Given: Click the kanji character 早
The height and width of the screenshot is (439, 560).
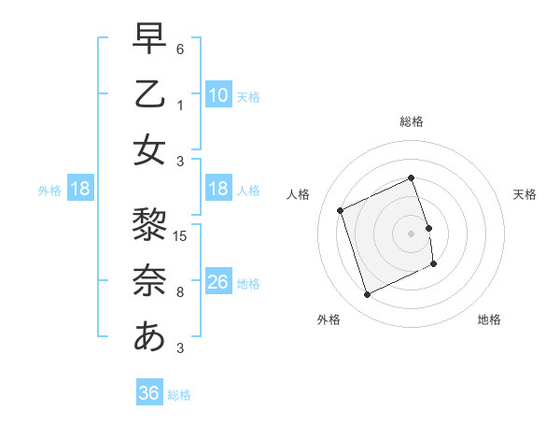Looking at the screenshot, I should click(x=149, y=38).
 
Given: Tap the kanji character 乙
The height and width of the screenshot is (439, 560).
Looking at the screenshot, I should click(x=149, y=94).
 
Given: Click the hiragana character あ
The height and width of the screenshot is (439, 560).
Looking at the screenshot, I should click(x=149, y=336).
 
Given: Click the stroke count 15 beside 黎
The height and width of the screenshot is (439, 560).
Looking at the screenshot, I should click(x=182, y=234).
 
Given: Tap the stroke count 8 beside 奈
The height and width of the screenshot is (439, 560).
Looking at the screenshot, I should click(x=180, y=292).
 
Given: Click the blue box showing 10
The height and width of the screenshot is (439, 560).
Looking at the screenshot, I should click(x=217, y=95).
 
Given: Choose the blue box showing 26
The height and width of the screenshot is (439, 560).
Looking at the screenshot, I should click(x=217, y=282).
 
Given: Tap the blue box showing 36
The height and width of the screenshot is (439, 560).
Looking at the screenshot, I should click(x=149, y=393).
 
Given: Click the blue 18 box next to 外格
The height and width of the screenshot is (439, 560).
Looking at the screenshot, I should click(x=80, y=189).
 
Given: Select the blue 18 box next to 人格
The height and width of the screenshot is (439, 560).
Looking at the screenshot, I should click(x=217, y=189).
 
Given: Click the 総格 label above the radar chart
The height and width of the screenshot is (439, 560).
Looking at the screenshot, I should click(x=412, y=121).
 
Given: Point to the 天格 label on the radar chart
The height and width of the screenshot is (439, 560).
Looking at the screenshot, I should click(x=525, y=194).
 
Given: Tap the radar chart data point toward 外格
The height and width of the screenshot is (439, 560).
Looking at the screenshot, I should click(x=367, y=295).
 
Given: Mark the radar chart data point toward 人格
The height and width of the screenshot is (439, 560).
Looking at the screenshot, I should click(x=341, y=210).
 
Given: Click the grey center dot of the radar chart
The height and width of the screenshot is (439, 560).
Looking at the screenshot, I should click(x=412, y=233).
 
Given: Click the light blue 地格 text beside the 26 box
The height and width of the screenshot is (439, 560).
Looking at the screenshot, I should click(x=248, y=283).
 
